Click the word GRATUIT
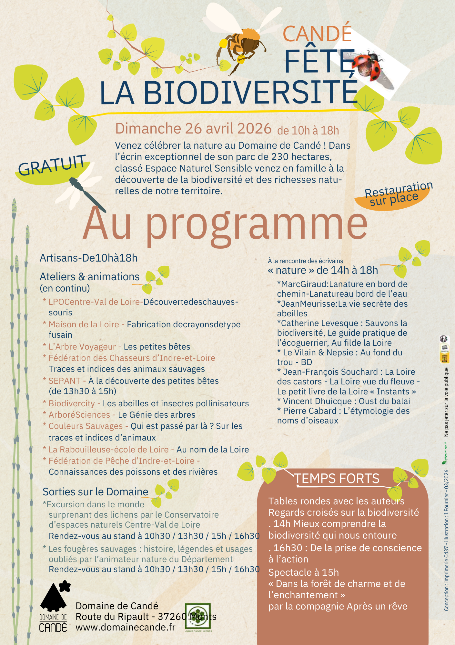point(52,165)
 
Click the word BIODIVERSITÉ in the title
point(250,93)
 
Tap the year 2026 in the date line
point(254,128)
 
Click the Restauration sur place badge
point(395,195)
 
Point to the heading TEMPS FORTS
point(337,479)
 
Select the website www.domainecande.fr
point(126,627)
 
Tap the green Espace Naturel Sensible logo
point(198,616)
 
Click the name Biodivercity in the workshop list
point(72,403)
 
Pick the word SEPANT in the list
point(65,381)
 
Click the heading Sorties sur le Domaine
point(96,492)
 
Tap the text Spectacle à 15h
point(304,572)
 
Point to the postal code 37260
point(172,617)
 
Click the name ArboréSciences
point(79,415)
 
